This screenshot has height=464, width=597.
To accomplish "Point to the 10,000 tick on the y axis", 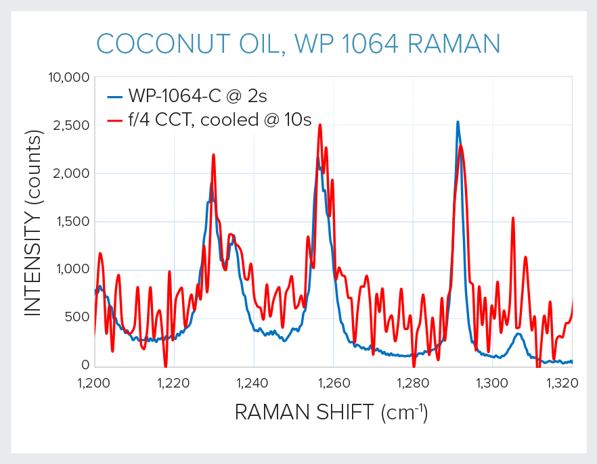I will point(68,77).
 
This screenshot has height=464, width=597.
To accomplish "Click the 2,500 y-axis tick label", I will point(71,125).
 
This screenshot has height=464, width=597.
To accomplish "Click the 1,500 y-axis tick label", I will point(71,221).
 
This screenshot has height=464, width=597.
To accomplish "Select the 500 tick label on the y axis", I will point(76,317).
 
